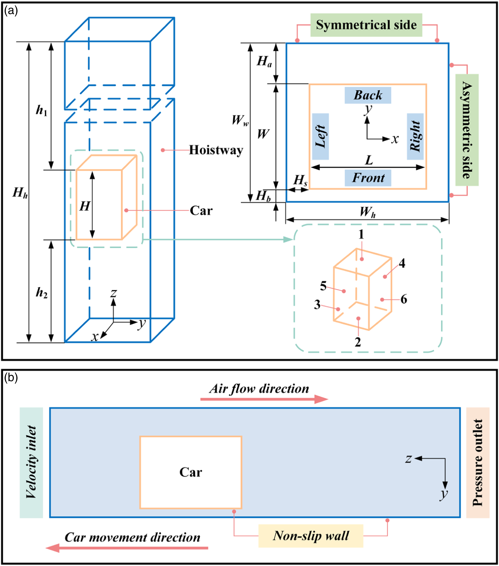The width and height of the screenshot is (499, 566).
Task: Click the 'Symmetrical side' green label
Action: (x=366, y=25)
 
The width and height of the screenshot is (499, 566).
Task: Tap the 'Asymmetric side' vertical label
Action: (x=467, y=130)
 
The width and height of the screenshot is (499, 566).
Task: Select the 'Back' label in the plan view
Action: (x=368, y=95)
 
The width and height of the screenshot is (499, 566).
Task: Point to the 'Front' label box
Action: (x=368, y=178)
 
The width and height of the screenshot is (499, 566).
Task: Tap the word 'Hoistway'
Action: (x=216, y=150)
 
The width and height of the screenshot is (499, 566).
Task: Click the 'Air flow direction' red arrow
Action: (x=264, y=399)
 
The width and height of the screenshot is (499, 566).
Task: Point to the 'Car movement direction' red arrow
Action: (x=127, y=548)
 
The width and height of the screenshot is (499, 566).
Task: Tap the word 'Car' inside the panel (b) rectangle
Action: (x=191, y=472)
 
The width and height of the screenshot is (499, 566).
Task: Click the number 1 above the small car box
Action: (x=361, y=234)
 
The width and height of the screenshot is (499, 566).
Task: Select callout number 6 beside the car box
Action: (x=404, y=299)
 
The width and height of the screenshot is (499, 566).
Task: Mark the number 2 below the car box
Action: (x=358, y=342)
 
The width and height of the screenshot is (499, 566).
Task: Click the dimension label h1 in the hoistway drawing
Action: (x=42, y=111)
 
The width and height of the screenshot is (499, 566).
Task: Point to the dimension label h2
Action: (x=42, y=292)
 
